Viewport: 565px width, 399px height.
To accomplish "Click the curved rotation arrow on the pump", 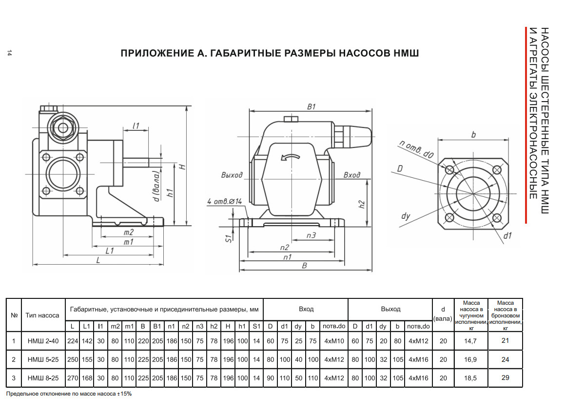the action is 291,157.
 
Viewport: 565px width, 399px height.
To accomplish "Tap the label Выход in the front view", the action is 232,175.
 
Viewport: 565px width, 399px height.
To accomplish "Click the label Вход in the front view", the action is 351,175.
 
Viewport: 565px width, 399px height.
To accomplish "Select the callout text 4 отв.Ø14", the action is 224,202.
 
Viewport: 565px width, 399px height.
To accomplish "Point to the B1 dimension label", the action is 311,106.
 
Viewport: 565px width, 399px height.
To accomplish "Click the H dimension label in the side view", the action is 183,167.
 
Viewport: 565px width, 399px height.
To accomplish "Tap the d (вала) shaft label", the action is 156,186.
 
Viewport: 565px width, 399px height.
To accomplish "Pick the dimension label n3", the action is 311,235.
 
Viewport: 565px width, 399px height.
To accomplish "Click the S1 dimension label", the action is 228,238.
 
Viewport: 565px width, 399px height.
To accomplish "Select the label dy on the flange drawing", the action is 406,216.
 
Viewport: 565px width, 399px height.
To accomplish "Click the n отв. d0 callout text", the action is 416,149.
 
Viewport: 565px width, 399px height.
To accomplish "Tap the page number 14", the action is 9,53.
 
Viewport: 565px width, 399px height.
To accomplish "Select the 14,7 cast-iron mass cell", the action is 470,341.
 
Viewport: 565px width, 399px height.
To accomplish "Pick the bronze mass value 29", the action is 505,378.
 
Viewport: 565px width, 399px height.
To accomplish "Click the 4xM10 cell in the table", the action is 334,341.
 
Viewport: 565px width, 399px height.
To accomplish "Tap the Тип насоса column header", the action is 42,315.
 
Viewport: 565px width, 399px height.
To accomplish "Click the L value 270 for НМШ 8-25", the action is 73,378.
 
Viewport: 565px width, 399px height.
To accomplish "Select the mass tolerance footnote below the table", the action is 69,394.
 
